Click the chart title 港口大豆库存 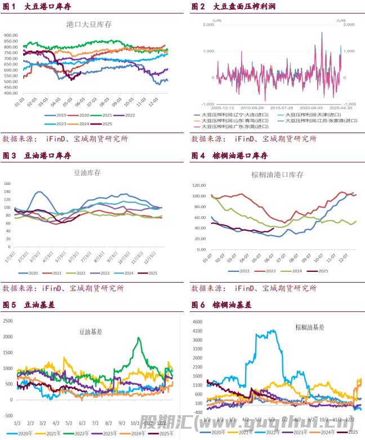[x=89, y=24]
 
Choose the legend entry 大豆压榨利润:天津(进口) [x=313, y=115]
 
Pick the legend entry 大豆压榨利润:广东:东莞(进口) [x=232, y=127]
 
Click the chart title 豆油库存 [x=88, y=174]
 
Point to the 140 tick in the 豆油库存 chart [x=7, y=184]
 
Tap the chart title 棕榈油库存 [x=277, y=175]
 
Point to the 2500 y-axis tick [x=7, y=321]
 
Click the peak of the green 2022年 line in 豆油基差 [x=139, y=338]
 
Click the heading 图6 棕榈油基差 [x=224, y=305]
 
